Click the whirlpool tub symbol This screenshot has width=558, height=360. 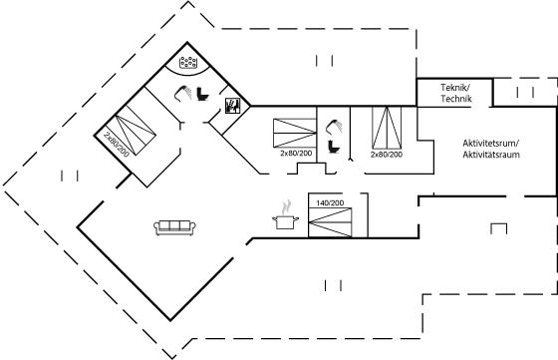(188, 62)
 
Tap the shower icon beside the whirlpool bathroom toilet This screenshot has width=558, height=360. (182, 92)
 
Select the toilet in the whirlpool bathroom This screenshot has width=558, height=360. (203, 94)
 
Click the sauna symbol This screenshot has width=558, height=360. (233, 106)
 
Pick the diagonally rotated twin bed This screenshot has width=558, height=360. (131, 130)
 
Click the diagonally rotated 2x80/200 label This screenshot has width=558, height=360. (117, 145)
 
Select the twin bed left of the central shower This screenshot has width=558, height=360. (295, 133)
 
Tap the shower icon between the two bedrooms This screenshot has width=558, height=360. (334, 128)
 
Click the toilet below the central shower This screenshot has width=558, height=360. (334, 147)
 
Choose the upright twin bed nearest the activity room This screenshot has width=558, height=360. (387, 128)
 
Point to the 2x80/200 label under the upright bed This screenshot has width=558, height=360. (387, 155)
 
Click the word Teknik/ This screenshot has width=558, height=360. (456, 87)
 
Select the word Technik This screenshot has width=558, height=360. (456, 99)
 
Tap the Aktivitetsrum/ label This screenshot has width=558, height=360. (491, 144)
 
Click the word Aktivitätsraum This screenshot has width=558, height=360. (491, 155)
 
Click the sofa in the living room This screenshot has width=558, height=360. (175, 227)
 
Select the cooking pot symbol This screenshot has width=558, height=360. (285, 221)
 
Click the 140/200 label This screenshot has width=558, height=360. (330, 203)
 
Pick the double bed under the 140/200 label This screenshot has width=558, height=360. (330, 222)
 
